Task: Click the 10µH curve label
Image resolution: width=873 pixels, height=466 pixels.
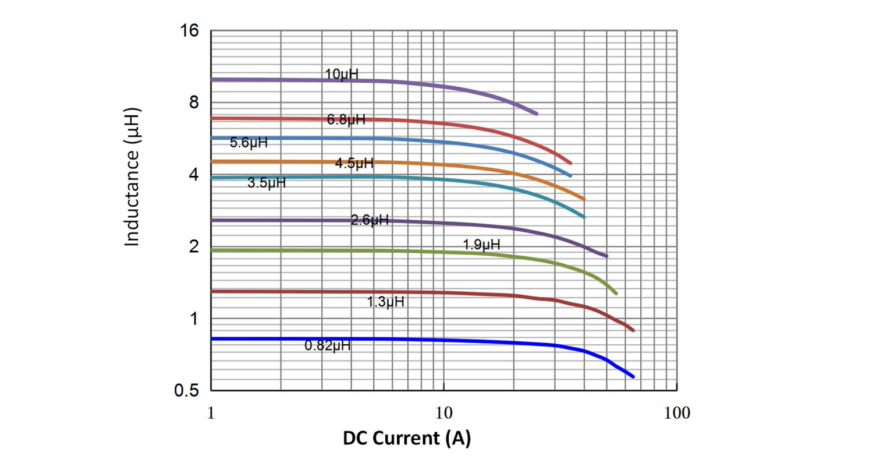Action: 342,75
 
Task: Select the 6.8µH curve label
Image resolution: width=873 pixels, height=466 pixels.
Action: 346,120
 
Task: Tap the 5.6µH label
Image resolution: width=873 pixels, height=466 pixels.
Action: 249,143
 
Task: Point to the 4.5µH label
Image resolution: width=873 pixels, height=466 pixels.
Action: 354,164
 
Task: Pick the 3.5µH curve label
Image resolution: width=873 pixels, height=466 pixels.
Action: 267,183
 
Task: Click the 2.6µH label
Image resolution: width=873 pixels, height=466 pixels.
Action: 370,220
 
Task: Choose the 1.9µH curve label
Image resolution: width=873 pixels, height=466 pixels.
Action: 481,245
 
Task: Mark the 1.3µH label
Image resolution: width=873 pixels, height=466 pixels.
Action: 385,302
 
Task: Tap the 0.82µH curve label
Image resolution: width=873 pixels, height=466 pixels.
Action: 328,345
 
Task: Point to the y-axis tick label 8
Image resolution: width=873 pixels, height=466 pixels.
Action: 194,103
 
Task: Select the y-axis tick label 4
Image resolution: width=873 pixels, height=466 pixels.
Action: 194,175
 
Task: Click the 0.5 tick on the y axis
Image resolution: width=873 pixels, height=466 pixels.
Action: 187,391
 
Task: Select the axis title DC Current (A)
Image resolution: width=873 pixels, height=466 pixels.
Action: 407,438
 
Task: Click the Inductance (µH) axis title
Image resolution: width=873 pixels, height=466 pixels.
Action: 133,176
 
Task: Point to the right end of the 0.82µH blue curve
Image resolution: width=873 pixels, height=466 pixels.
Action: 633,377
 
